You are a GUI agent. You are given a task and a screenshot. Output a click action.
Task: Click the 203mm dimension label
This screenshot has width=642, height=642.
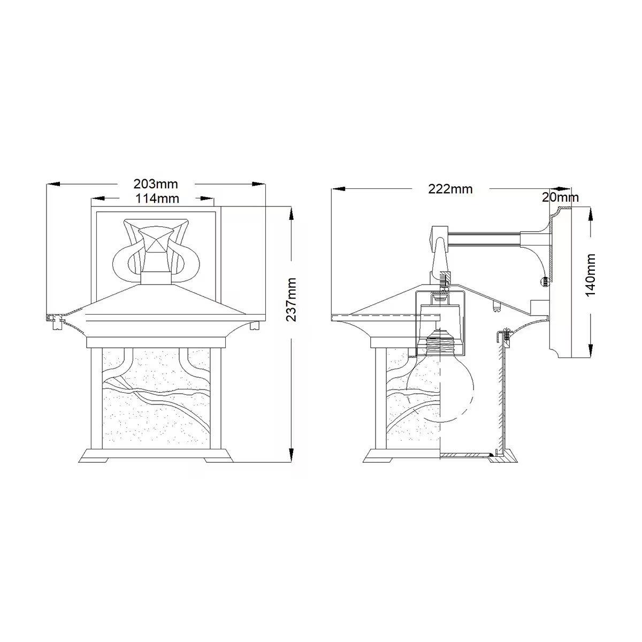click(x=156, y=184)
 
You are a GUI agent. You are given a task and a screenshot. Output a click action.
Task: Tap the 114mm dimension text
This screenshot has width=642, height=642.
click(x=157, y=198)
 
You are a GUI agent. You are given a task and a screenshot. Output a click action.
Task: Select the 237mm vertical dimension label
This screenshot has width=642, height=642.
click(x=292, y=300)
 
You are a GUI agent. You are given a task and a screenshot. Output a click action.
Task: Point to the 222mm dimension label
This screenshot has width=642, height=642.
click(x=450, y=189)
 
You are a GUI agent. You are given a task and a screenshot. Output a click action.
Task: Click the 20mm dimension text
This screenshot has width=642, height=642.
click(x=560, y=197)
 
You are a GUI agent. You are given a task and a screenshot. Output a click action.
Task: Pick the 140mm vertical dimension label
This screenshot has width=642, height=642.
click(x=590, y=275)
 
